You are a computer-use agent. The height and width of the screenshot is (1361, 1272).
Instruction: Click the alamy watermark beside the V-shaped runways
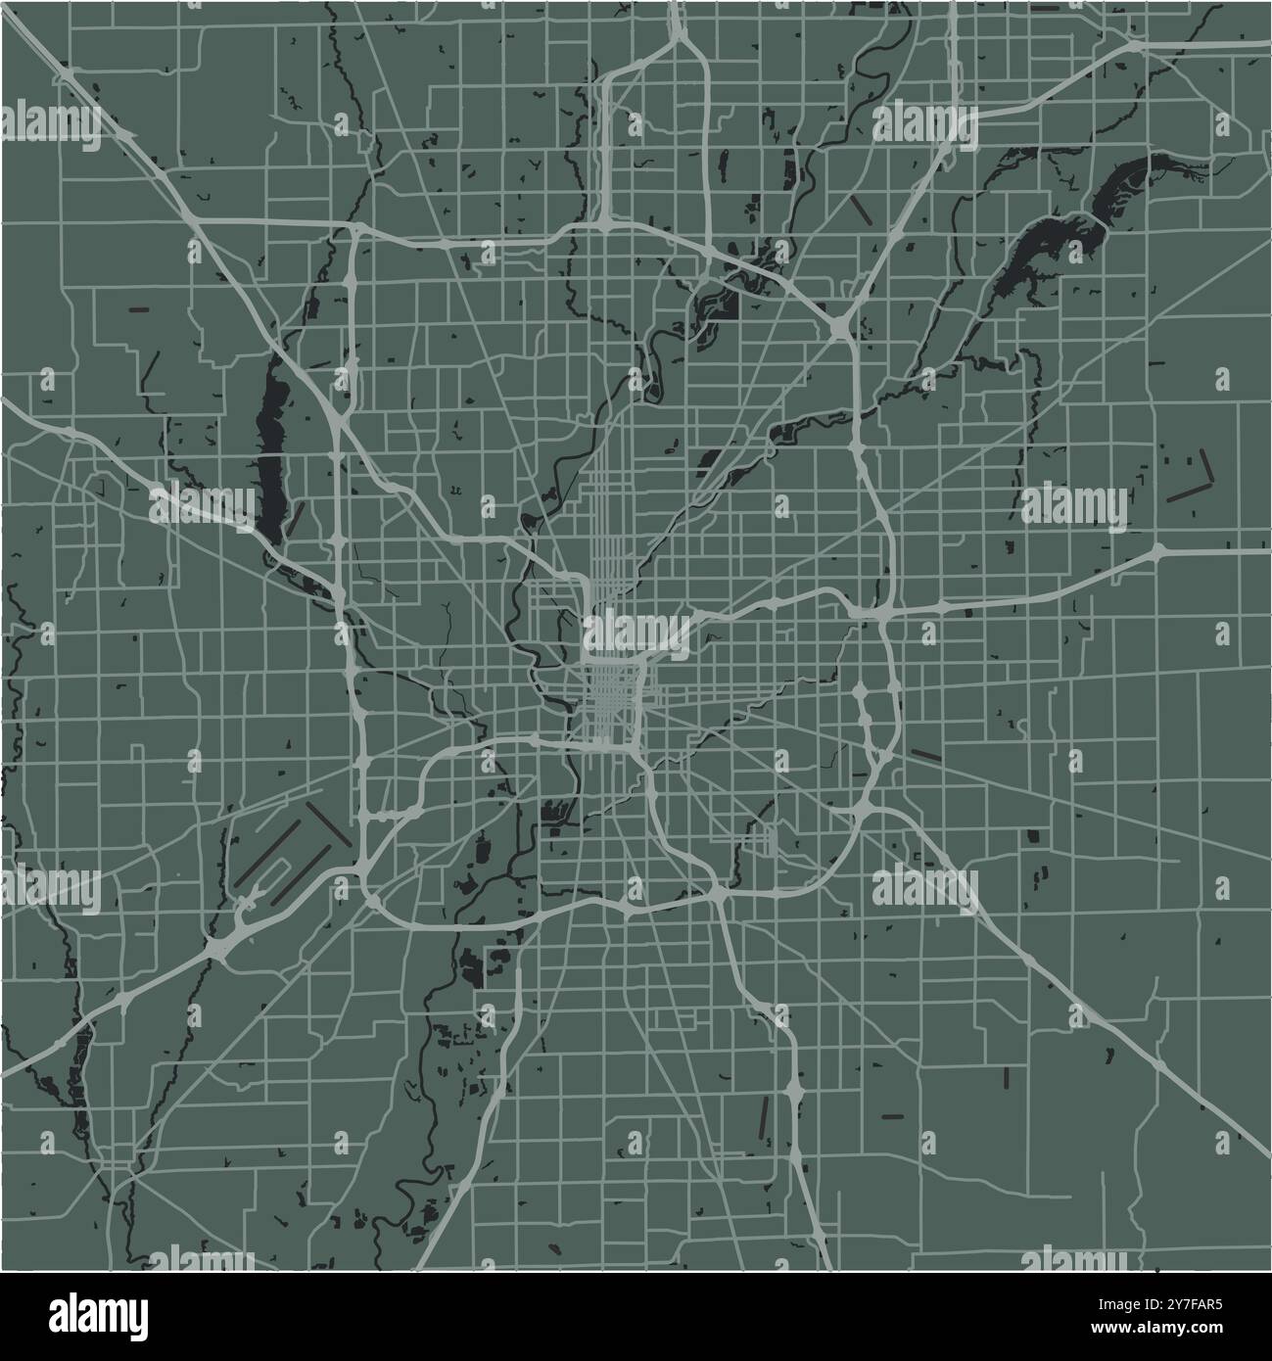(x=1074, y=504)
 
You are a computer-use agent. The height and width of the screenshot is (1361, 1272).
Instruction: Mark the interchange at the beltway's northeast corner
(x=843, y=326)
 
